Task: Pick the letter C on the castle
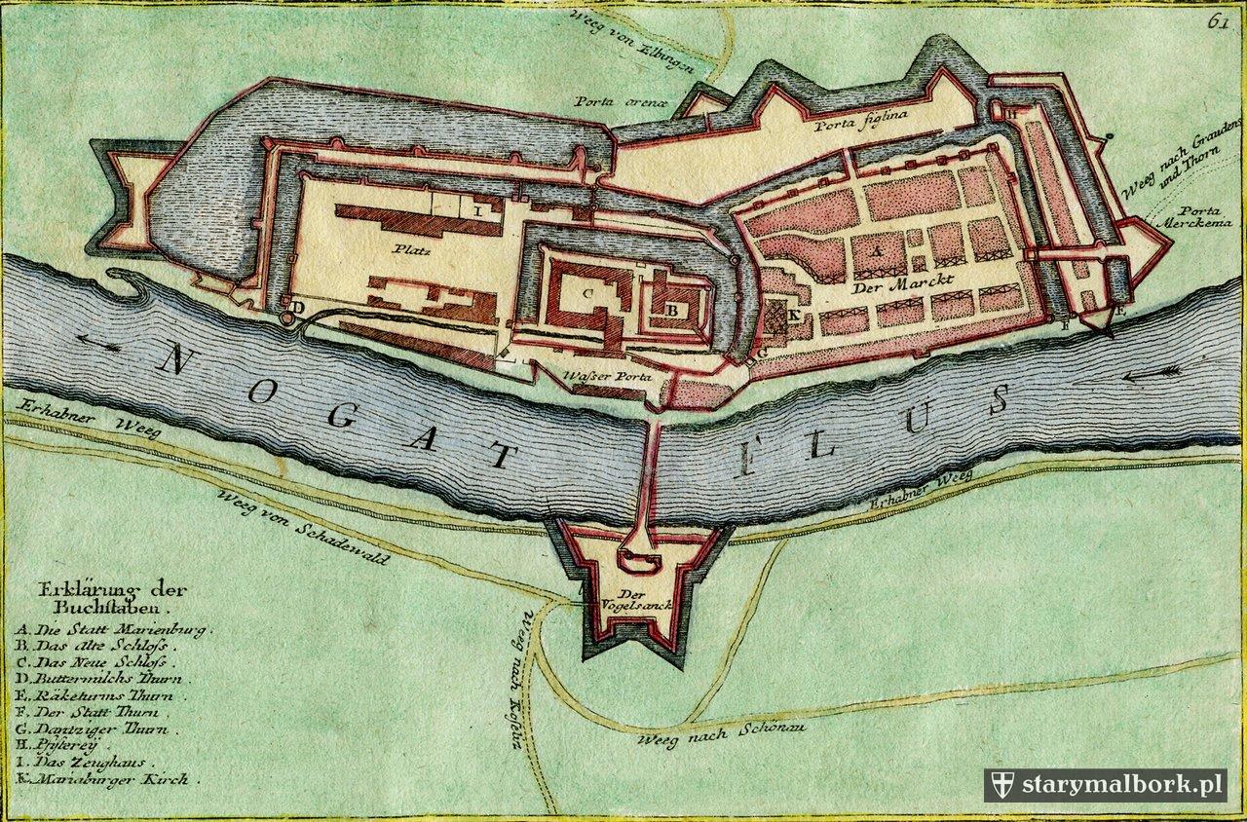point(587,292)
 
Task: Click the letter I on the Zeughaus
point(477,208)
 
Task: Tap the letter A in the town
point(876,250)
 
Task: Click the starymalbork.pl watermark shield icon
point(1001,785)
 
